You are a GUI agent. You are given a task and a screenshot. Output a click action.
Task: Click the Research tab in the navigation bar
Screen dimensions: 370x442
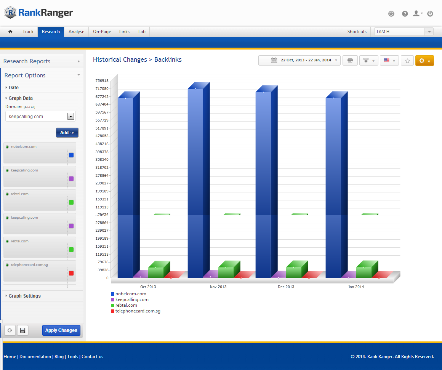[x=51, y=32]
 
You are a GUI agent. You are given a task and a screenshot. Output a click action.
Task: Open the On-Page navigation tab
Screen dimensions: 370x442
[x=102, y=32]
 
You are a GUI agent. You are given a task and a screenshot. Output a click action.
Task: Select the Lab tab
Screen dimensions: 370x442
[x=142, y=32]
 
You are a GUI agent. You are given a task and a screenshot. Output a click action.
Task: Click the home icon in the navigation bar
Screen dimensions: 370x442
[x=10, y=32]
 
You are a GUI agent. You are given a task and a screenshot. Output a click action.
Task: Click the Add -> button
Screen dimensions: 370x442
[x=67, y=133]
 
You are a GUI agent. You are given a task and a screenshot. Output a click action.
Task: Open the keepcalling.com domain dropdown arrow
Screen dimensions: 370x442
[x=70, y=117]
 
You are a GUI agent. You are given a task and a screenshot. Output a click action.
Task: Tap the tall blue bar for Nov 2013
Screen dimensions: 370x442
[x=195, y=179]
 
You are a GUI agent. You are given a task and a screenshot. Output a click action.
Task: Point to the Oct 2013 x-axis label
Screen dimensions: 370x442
[x=148, y=287]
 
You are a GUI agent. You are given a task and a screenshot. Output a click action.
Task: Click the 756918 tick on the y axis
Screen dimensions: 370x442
[x=102, y=81]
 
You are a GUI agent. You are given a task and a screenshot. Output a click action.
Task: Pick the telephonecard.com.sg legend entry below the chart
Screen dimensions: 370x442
[x=138, y=311]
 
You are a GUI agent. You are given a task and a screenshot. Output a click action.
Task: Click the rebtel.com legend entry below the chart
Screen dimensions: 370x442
[x=126, y=305]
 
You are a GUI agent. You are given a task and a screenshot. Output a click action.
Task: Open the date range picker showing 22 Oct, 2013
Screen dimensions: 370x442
[x=299, y=60]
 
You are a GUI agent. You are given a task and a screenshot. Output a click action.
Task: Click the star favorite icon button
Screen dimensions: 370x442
[x=407, y=61]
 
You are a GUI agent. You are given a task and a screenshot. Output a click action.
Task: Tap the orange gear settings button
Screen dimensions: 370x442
[x=424, y=61]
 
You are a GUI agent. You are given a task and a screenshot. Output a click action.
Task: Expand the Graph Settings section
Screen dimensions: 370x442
[x=24, y=296]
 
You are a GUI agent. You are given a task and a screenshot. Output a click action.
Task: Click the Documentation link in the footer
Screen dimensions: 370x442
[x=35, y=357]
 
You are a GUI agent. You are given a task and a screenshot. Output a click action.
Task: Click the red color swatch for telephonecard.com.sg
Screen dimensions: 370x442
[x=71, y=273]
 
